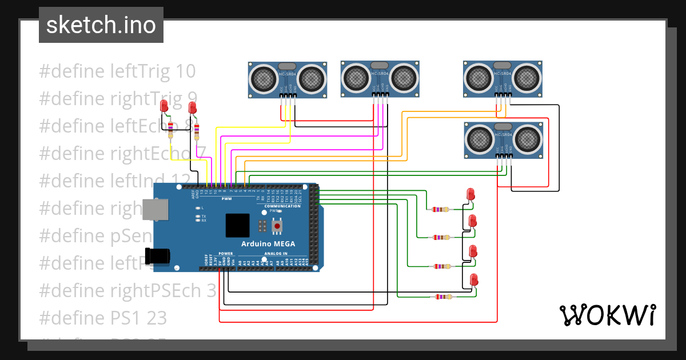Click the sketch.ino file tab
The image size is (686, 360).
(x=101, y=25)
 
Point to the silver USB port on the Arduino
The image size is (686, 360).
(x=156, y=210)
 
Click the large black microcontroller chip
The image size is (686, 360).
(x=237, y=225)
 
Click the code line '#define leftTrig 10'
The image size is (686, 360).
(x=117, y=71)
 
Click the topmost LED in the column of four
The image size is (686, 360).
(x=470, y=194)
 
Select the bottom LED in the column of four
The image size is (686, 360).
(x=473, y=280)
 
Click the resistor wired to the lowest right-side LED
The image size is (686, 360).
(x=442, y=297)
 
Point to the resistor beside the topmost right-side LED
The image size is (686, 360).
(x=440, y=210)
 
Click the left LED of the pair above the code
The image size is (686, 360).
(x=164, y=106)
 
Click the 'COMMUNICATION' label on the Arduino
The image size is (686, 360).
(x=282, y=206)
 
